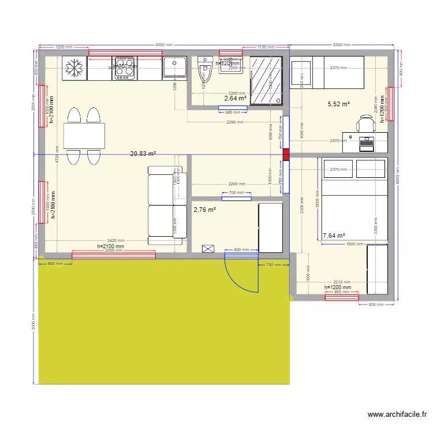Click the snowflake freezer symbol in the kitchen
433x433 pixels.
coord(73,69)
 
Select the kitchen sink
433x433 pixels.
coord(174,68)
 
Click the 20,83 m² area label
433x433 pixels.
coord(143,154)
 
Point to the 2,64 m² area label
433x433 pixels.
coord(236,99)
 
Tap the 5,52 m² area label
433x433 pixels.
coord(339,104)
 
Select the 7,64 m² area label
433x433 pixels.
coord(334,236)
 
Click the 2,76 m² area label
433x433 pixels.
coord(204,210)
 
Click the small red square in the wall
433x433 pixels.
coord(286,154)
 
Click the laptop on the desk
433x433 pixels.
coord(367,143)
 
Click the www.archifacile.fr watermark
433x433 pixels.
coord(398,415)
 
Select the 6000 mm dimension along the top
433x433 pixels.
coord(163,45)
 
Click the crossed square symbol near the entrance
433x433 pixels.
coord(208,249)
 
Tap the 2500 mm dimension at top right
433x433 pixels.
coord(341,45)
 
